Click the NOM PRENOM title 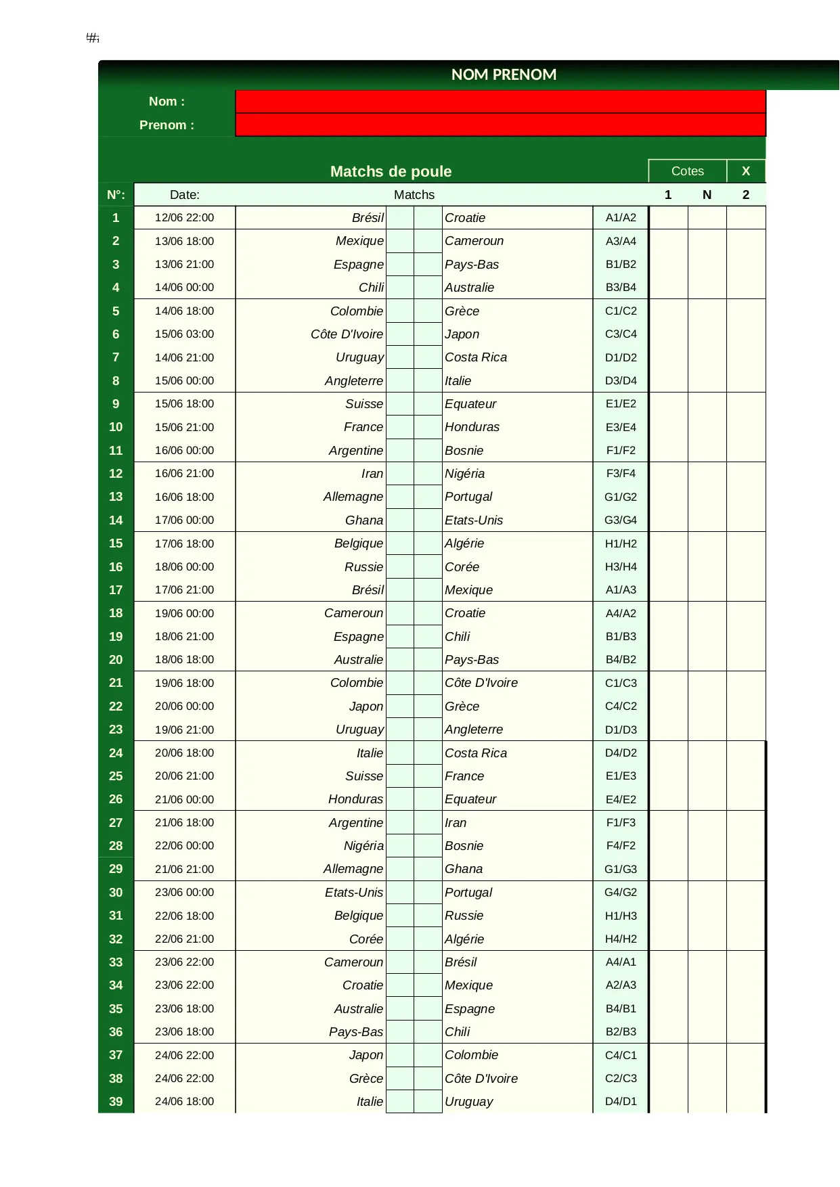pyautogui.click(x=504, y=74)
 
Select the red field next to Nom pyautogui.click(x=500, y=102)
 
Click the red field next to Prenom pyautogui.click(x=500, y=125)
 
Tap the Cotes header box pyautogui.click(x=687, y=171)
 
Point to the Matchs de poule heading pyautogui.click(x=391, y=171)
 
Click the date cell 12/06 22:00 pyautogui.click(x=184, y=218)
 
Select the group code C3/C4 pyautogui.click(x=621, y=334)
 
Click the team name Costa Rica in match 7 pyautogui.click(x=476, y=357)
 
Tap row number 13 pyautogui.click(x=116, y=497)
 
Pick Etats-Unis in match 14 pyautogui.click(x=474, y=520)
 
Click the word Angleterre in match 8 pyautogui.click(x=353, y=381)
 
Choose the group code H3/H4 pyautogui.click(x=621, y=567)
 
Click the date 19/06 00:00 pyautogui.click(x=184, y=613)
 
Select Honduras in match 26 pyautogui.click(x=355, y=799)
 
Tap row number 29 pyautogui.click(x=116, y=869)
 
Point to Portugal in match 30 pyautogui.click(x=468, y=893)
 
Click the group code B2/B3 pyautogui.click(x=621, y=1032)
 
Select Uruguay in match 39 pyautogui.click(x=468, y=1102)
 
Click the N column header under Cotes pyautogui.click(x=707, y=195)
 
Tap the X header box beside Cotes pyautogui.click(x=746, y=171)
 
